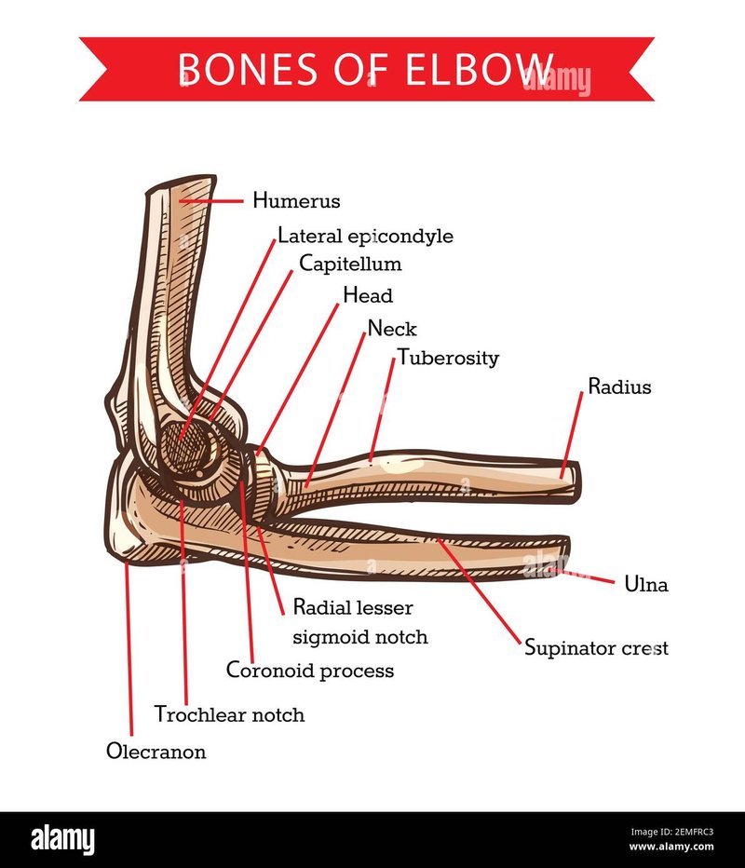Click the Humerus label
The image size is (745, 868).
[x=296, y=200]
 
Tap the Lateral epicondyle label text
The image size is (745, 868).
[x=365, y=237]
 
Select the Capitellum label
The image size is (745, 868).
[x=350, y=264]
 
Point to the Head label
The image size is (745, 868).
[x=368, y=295]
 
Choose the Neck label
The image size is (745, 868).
[x=392, y=328]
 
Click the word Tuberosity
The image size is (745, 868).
[x=448, y=359]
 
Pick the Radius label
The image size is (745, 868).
[x=619, y=387]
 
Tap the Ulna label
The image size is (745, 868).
[x=646, y=584]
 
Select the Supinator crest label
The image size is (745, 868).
[x=596, y=648]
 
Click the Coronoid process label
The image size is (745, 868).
[x=310, y=671]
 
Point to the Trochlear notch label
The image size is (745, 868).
[x=229, y=714]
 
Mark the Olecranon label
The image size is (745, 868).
[x=156, y=752]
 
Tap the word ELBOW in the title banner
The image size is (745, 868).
[x=481, y=69]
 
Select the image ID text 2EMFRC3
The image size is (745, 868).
[x=692, y=832]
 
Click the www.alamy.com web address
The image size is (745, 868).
[x=671, y=847]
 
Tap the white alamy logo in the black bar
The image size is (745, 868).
[x=62, y=839]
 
